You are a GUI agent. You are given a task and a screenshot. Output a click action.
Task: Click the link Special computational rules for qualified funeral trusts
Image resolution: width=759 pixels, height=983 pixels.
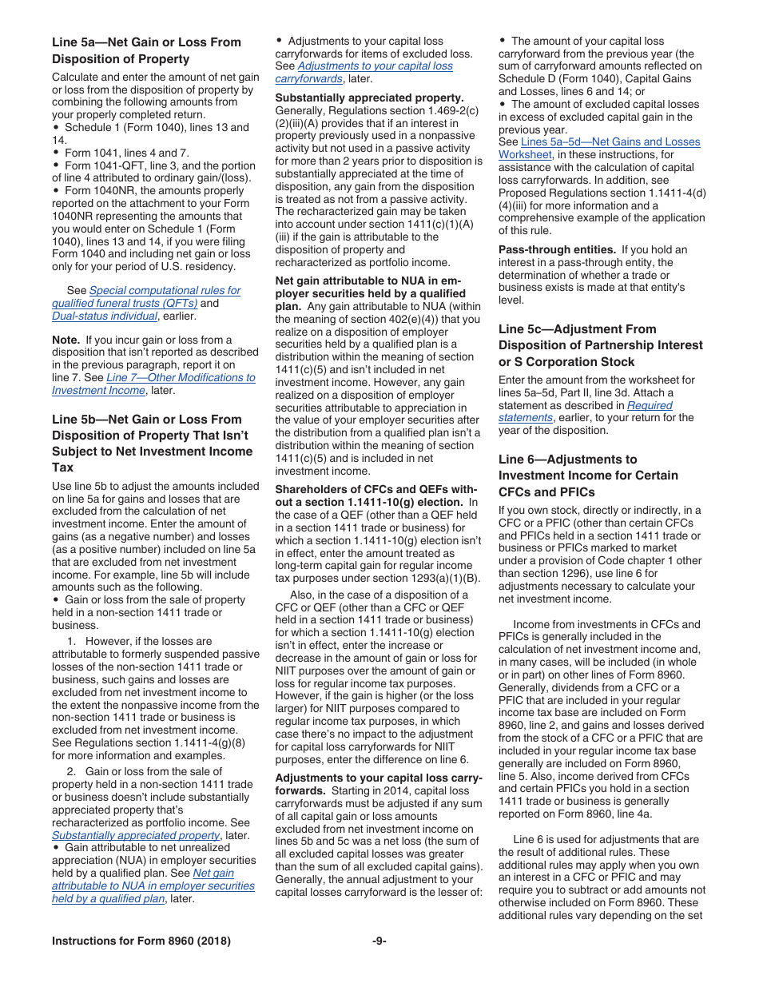click(165, 291)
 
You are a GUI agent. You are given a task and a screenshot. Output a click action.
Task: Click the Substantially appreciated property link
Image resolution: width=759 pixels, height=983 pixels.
click(135, 835)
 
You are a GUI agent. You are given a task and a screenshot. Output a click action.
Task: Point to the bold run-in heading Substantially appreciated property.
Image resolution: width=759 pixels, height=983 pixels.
click(369, 98)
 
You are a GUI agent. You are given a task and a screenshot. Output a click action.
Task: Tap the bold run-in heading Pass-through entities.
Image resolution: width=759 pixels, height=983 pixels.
click(557, 249)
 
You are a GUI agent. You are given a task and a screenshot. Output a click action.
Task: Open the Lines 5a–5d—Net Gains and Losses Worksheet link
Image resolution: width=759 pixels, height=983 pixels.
click(610, 142)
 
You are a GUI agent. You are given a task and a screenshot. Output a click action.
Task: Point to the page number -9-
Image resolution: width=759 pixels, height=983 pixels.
click(379, 941)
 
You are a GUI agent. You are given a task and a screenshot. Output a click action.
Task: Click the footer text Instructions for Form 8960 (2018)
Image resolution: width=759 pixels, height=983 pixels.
click(141, 941)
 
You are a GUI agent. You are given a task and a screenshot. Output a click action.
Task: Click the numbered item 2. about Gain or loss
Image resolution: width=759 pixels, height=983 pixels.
click(156, 771)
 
